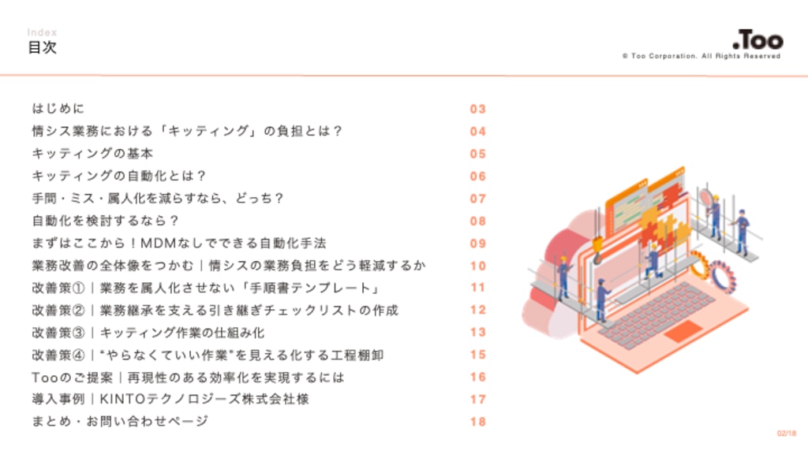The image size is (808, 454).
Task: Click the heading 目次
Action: point(42,47)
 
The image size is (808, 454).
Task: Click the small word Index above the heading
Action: point(42,32)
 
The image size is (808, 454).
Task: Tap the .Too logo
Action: point(757,39)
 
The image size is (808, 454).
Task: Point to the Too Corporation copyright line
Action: point(701,56)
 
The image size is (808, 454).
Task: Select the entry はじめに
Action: point(58,109)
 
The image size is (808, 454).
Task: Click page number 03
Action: point(477,109)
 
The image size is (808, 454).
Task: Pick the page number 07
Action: point(477,199)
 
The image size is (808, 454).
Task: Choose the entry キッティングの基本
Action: point(93,154)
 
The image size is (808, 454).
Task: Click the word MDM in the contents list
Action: point(158,243)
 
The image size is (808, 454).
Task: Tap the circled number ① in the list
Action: point(78,288)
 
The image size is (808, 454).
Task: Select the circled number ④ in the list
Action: point(78,355)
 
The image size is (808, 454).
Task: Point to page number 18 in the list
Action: point(477,422)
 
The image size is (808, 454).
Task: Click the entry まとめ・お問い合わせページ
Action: point(120,422)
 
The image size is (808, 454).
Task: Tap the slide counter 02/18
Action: point(787,434)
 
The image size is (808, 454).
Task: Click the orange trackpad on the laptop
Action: point(683,331)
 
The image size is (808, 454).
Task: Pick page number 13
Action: point(477,333)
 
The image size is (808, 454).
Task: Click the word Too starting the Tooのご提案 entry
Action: point(45,378)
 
